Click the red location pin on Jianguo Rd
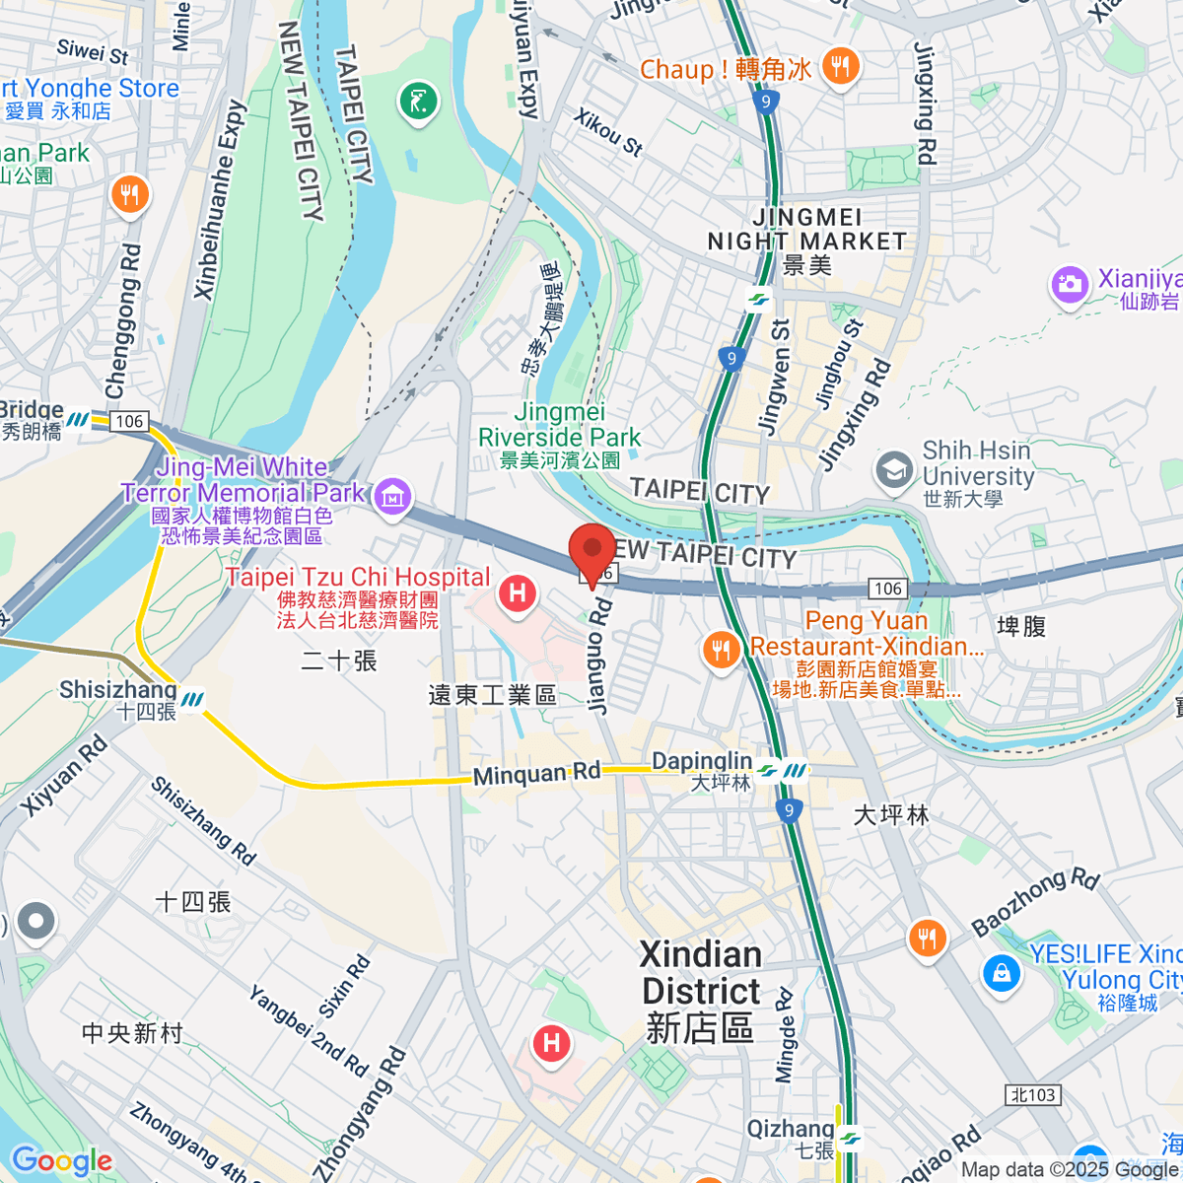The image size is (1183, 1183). (591, 552)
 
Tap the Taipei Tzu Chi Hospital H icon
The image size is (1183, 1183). (518, 593)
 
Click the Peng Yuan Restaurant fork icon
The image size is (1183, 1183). (722, 650)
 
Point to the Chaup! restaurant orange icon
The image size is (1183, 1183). (840, 67)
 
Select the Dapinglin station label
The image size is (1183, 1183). (702, 762)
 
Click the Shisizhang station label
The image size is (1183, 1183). (118, 690)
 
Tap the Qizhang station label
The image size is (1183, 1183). (791, 1130)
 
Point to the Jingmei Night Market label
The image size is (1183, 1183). (806, 230)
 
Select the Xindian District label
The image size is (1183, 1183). (700, 990)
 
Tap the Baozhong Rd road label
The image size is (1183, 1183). (1035, 901)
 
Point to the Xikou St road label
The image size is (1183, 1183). (608, 132)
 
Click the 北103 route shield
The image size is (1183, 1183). (1033, 1094)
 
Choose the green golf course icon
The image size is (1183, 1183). (418, 101)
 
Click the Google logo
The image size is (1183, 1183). (61, 1160)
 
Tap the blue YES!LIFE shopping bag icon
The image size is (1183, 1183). (1002, 974)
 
